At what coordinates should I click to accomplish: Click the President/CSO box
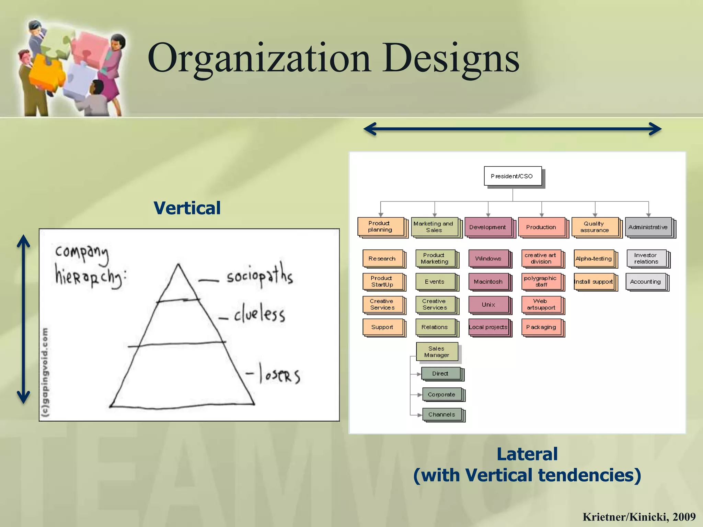click(512, 176)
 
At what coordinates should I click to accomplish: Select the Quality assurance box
click(595, 227)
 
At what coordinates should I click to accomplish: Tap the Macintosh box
click(488, 282)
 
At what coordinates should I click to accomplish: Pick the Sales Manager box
click(437, 352)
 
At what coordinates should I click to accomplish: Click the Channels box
click(442, 414)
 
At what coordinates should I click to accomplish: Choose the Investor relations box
click(646, 258)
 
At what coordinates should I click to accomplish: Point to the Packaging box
click(541, 327)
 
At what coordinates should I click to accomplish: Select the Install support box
click(594, 282)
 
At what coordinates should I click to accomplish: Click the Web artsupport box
click(541, 304)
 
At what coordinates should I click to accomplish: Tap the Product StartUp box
click(382, 281)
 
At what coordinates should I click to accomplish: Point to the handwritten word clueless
click(260, 313)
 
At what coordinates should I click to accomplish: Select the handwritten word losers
click(279, 374)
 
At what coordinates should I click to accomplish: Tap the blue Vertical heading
click(187, 208)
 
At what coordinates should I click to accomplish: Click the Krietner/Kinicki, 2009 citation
click(639, 517)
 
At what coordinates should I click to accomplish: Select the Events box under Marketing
click(435, 282)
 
